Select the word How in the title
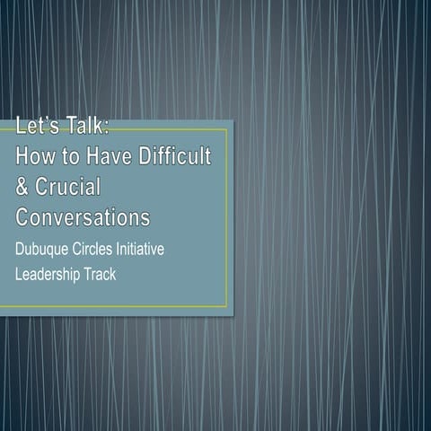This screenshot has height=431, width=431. pos(37,157)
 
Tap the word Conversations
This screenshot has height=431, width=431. pos(83,218)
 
